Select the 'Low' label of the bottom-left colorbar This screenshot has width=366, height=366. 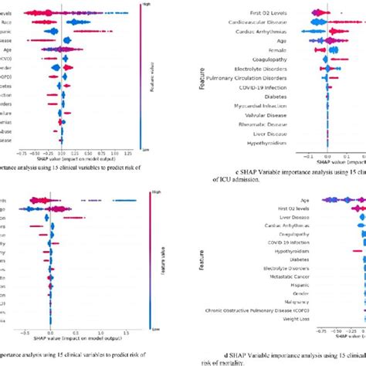[141, 327]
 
